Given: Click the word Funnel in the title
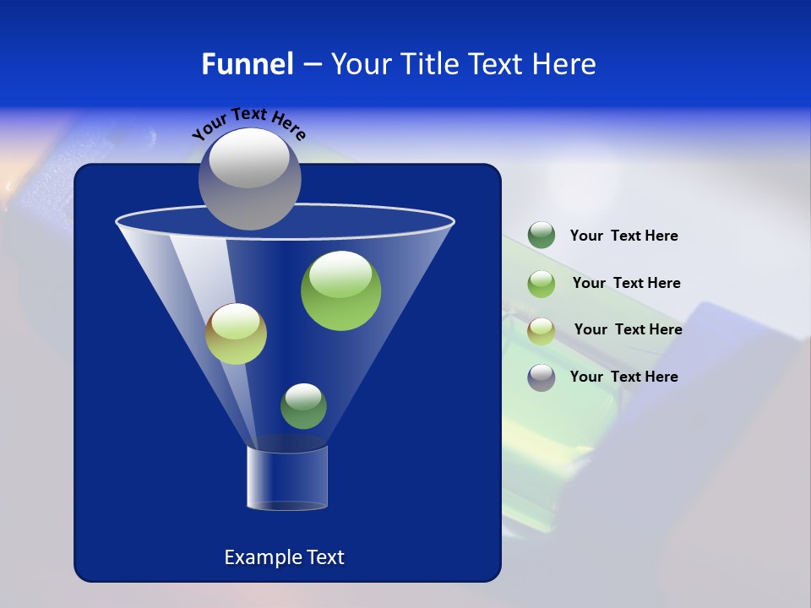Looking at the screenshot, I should (248, 64).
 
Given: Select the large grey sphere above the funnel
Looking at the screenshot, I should (249, 179).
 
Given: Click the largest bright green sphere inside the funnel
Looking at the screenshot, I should (340, 290).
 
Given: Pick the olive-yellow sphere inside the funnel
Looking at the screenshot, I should (236, 334).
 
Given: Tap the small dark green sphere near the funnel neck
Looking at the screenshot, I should (303, 406).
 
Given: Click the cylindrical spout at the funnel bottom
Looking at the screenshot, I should (287, 478).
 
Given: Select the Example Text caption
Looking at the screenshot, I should (284, 557).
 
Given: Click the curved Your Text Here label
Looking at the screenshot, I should (248, 122).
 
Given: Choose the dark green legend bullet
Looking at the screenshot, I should (542, 236).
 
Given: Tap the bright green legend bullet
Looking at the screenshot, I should (542, 283).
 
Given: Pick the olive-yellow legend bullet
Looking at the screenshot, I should (542, 330).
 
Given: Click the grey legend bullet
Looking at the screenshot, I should (542, 377).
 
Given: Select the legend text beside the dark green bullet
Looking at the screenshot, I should (623, 236).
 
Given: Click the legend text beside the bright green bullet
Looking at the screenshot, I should (626, 284).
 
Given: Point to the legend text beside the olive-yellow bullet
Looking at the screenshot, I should (628, 330).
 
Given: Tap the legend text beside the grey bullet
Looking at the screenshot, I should (623, 377).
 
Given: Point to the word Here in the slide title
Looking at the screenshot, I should (564, 64).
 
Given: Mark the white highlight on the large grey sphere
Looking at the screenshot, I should (248, 160).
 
